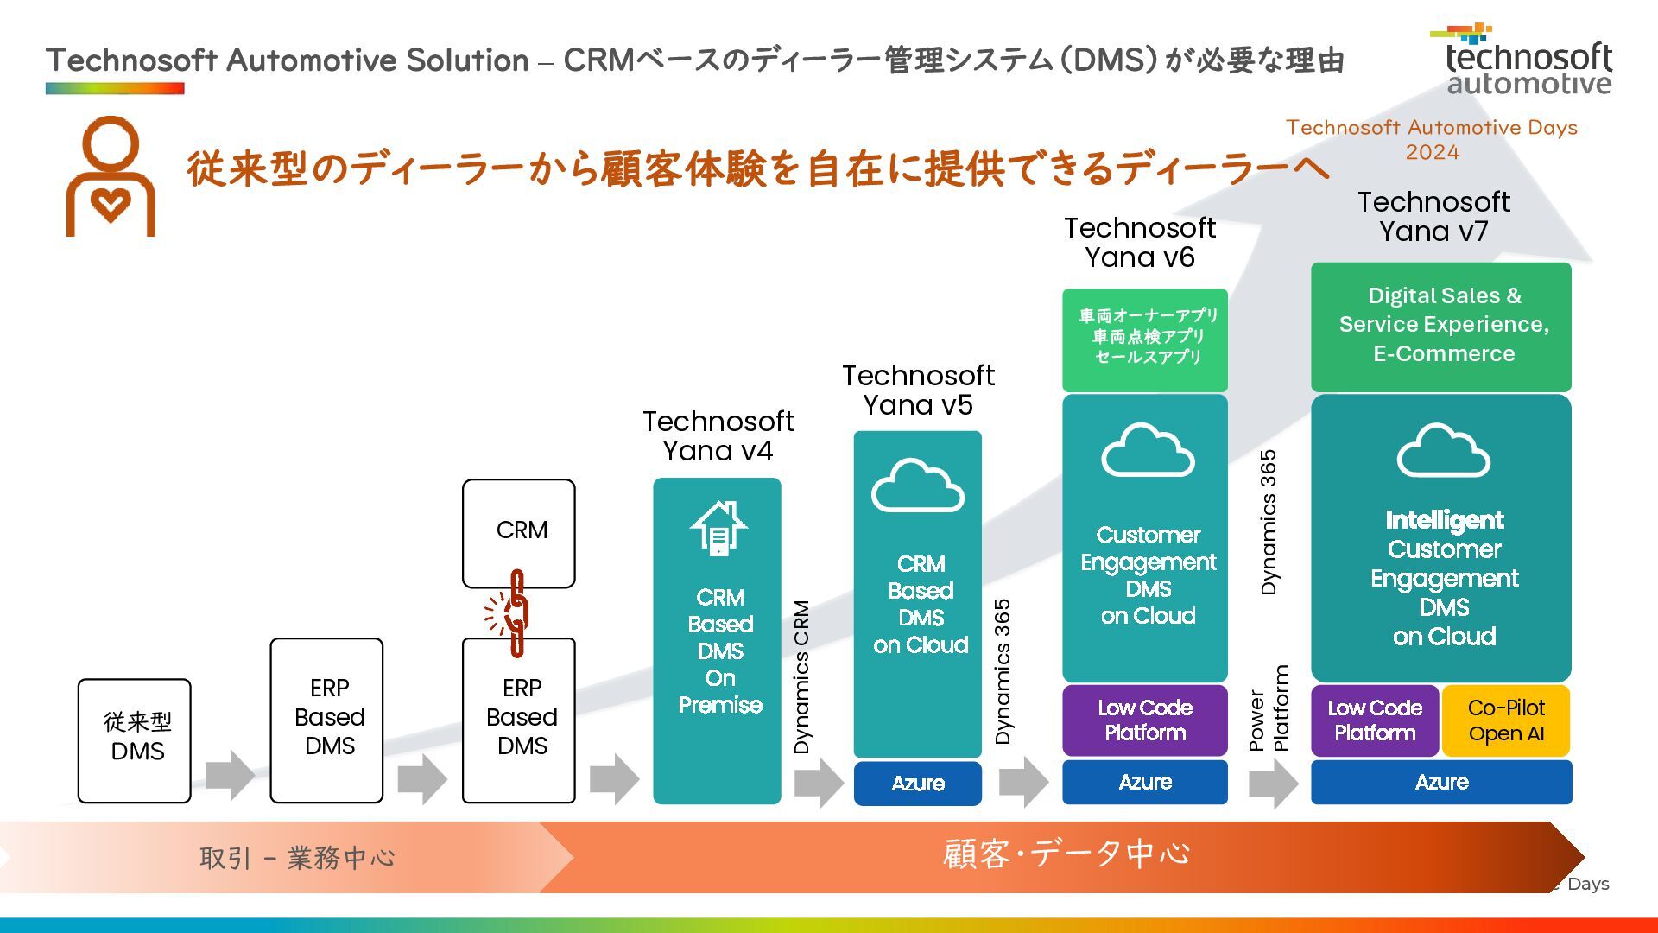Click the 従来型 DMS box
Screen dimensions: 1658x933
[135, 741]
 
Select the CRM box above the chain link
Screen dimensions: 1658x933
[519, 534]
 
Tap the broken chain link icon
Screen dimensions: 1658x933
[509, 612]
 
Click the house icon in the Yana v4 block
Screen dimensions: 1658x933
[718, 527]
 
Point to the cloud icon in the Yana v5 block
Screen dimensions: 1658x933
[918, 486]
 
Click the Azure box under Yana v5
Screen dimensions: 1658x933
[918, 784]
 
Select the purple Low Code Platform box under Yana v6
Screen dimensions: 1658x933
[1145, 720]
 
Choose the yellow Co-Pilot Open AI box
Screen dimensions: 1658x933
[1506, 720]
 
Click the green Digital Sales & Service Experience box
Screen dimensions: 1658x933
[1441, 327]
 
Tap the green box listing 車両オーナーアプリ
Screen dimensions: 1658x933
[1145, 340]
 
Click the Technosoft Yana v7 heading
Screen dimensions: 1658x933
[1433, 217]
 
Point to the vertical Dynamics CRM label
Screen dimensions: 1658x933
[802, 677]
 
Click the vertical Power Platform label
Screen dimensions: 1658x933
[1269, 708]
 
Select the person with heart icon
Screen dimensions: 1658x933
[111, 176]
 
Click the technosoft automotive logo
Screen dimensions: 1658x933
[1522, 59]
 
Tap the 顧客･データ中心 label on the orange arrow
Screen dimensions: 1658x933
[1066, 854]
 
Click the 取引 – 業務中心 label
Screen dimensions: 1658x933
[298, 858]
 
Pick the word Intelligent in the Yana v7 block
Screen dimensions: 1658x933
[1445, 520]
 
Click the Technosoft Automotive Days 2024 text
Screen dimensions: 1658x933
[1432, 140]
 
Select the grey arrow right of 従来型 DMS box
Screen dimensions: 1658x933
[231, 775]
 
